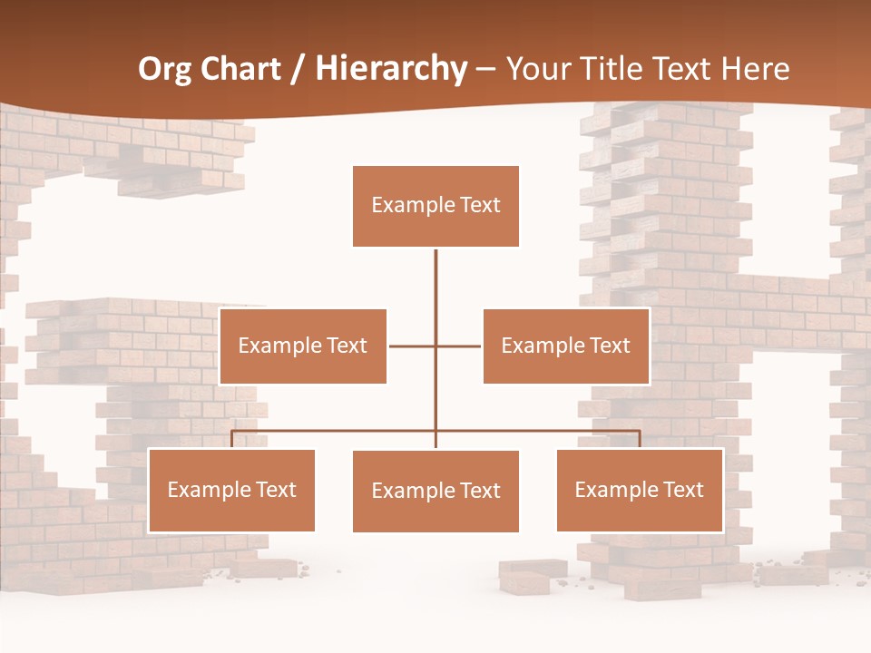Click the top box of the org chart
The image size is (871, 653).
(x=435, y=206)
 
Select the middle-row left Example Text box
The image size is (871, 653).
(x=303, y=346)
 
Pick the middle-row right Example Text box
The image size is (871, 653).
(x=566, y=346)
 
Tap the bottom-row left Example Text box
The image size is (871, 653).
(x=231, y=490)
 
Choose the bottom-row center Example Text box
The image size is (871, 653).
(x=435, y=492)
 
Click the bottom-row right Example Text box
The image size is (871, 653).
(x=640, y=490)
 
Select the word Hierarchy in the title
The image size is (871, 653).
(x=391, y=69)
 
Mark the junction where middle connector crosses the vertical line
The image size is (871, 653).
(x=435, y=346)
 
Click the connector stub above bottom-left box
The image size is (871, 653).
(x=231, y=440)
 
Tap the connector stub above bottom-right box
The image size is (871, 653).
(x=640, y=440)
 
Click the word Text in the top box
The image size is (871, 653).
(x=478, y=206)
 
